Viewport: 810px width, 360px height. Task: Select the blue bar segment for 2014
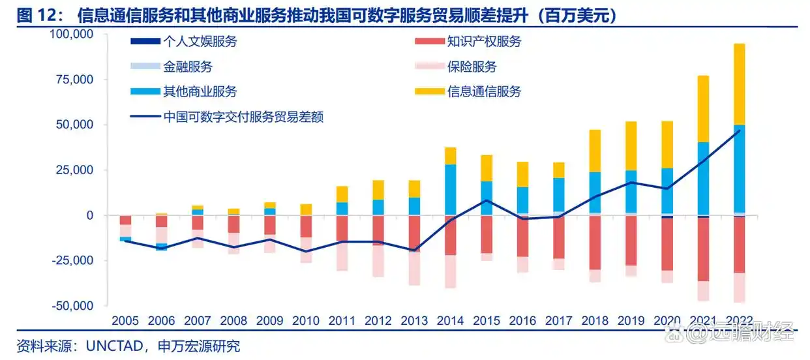tap(451, 189)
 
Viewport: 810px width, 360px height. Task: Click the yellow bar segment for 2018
tap(595, 151)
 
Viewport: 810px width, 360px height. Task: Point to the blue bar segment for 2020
tap(667, 191)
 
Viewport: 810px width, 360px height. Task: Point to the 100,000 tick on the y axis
tap(71, 34)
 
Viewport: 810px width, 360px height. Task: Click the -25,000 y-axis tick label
tap(73, 260)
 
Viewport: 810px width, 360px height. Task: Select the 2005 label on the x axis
tap(125, 321)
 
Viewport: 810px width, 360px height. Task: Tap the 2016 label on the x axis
tap(522, 321)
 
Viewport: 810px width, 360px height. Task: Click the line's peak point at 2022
tap(739, 130)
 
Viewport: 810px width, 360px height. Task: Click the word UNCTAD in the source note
tap(114, 346)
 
